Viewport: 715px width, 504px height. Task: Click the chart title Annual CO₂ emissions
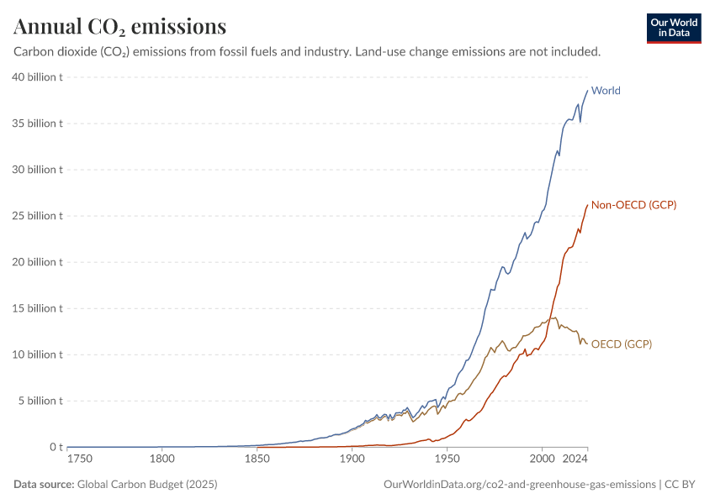pyautogui.click(x=120, y=27)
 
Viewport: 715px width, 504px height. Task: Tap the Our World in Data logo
pyautogui.click(x=674, y=28)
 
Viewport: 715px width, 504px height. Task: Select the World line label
pyautogui.click(x=606, y=91)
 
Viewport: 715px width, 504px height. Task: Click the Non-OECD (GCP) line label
pyautogui.click(x=633, y=205)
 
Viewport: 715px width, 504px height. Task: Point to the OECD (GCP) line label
pyautogui.click(x=622, y=344)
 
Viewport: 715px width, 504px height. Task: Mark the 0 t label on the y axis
pyautogui.click(x=56, y=447)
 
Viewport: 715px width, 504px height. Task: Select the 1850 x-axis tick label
pyautogui.click(x=257, y=459)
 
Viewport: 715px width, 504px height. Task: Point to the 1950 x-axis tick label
pyautogui.click(x=448, y=459)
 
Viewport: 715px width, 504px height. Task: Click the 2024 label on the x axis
pyautogui.click(x=575, y=459)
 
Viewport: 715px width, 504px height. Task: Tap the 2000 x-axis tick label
pyautogui.click(x=542, y=459)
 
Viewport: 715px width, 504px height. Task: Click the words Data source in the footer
pyautogui.click(x=44, y=485)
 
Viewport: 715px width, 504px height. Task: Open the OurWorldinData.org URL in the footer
pyautogui.click(x=519, y=485)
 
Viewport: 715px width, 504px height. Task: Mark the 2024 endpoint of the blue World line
pyautogui.click(x=587, y=91)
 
